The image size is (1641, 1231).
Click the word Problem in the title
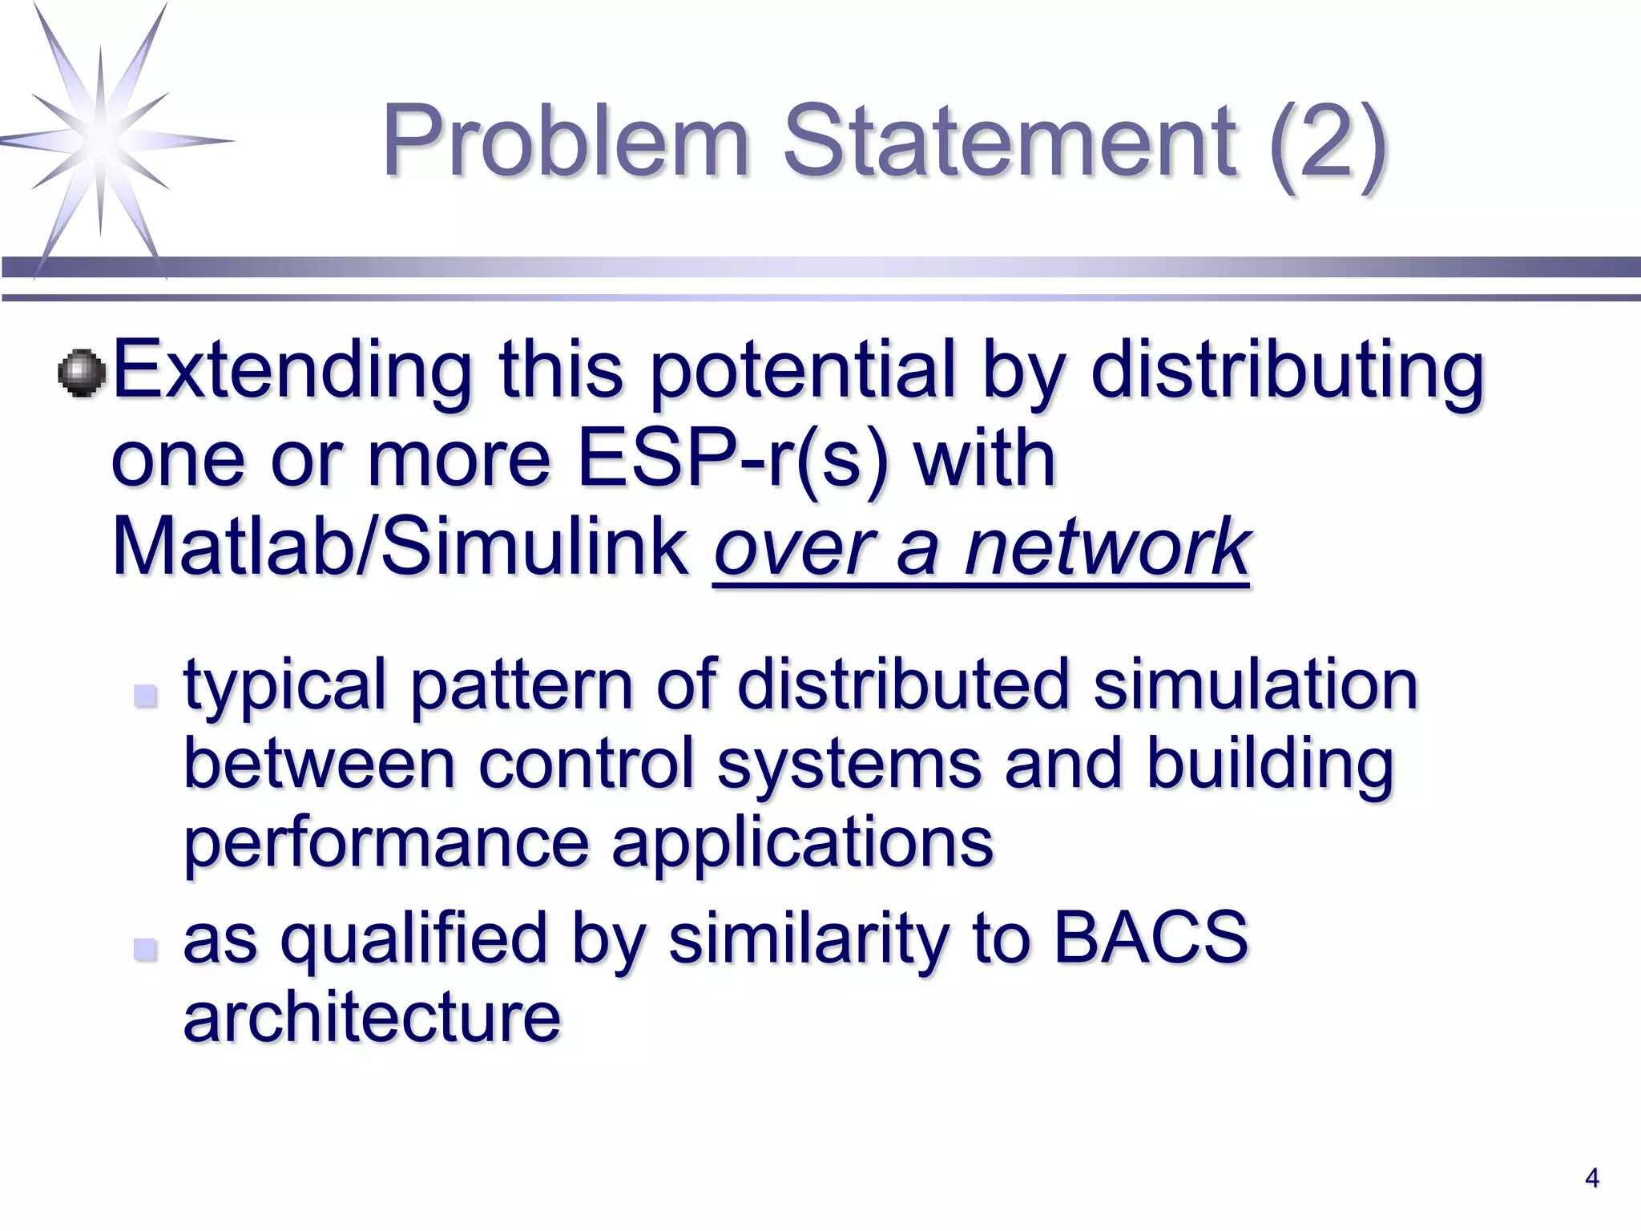click(x=565, y=143)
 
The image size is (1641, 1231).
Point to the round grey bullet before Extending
click(x=82, y=373)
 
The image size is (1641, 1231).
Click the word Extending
click(x=292, y=370)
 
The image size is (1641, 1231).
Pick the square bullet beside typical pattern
click(x=145, y=694)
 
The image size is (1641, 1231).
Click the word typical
click(x=285, y=686)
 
